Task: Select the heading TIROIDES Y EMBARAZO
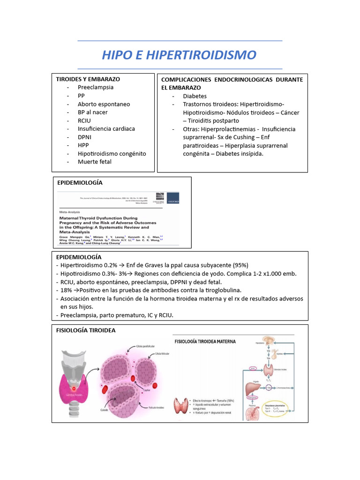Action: (x=88, y=79)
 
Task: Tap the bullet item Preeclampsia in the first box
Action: (x=96, y=87)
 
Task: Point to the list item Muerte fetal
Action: (x=95, y=162)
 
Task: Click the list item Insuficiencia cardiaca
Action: (x=106, y=128)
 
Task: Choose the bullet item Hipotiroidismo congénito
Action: (x=112, y=153)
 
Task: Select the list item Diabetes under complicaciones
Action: (x=195, y=96)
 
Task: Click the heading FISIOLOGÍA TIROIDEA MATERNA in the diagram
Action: (x=205, y=341)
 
